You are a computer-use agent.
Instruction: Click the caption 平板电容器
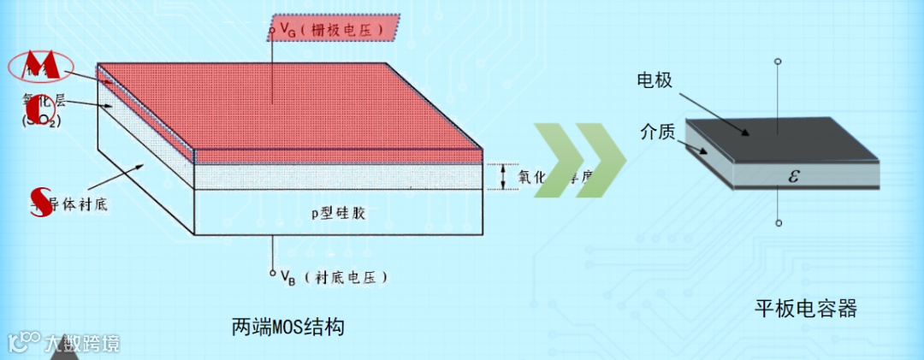tap(804, 308)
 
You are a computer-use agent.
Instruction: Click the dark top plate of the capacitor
tap(779, 137)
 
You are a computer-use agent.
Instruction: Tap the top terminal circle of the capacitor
tap(778, 62)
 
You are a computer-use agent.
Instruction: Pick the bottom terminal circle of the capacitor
tap(778, 223)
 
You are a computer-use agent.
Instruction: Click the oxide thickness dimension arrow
tap(503, 176)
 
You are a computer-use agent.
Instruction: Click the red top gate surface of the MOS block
tap(291, 111)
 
